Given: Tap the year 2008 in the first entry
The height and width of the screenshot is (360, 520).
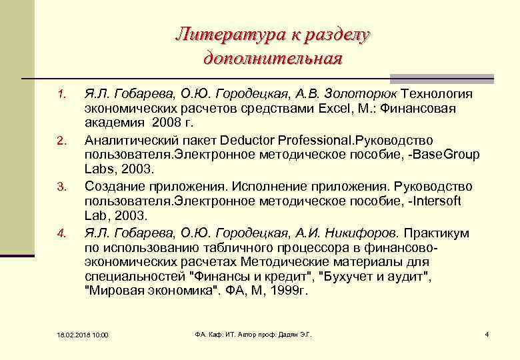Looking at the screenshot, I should pyautogui.click(x=165, y=123).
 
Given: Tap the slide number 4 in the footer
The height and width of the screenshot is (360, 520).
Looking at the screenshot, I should pyautogui.click(x=487, y=333).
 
